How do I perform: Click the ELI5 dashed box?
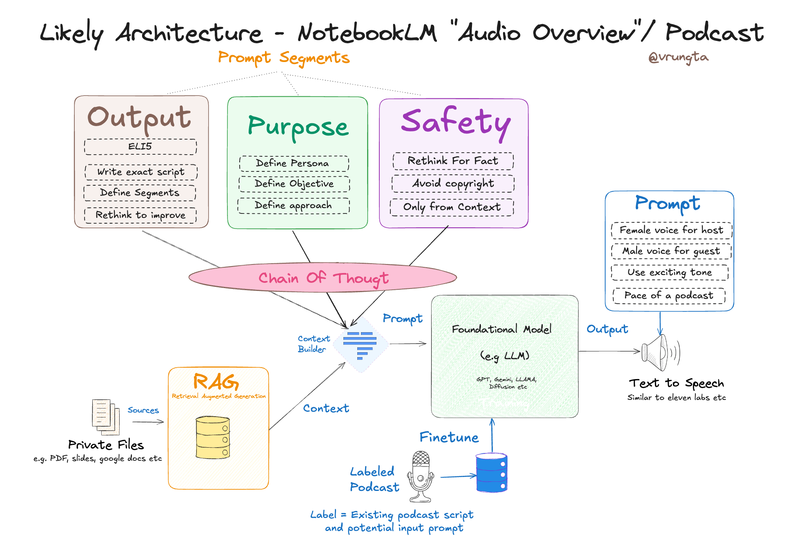(x=140, y=147)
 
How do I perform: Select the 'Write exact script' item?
(x=141, y=172)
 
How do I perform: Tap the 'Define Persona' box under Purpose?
(x=294, y=163)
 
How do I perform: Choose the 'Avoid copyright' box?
(x=453, y=184)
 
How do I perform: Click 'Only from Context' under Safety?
(x=452, y=207)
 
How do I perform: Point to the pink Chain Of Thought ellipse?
(x=323, y=278)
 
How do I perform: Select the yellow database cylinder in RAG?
(x=213, y=437)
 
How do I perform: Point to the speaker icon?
(x=659, y=352)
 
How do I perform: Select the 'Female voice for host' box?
(x=671, y=230)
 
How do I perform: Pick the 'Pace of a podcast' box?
(x=669, y=295)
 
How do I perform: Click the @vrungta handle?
(x=678, y=58)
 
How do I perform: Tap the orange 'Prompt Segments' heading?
(x=284, y=58)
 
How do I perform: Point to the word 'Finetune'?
(x=449, y=437)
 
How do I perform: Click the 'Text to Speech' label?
(x=676, y=383)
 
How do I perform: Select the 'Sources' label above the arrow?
(x=143, y=410)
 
